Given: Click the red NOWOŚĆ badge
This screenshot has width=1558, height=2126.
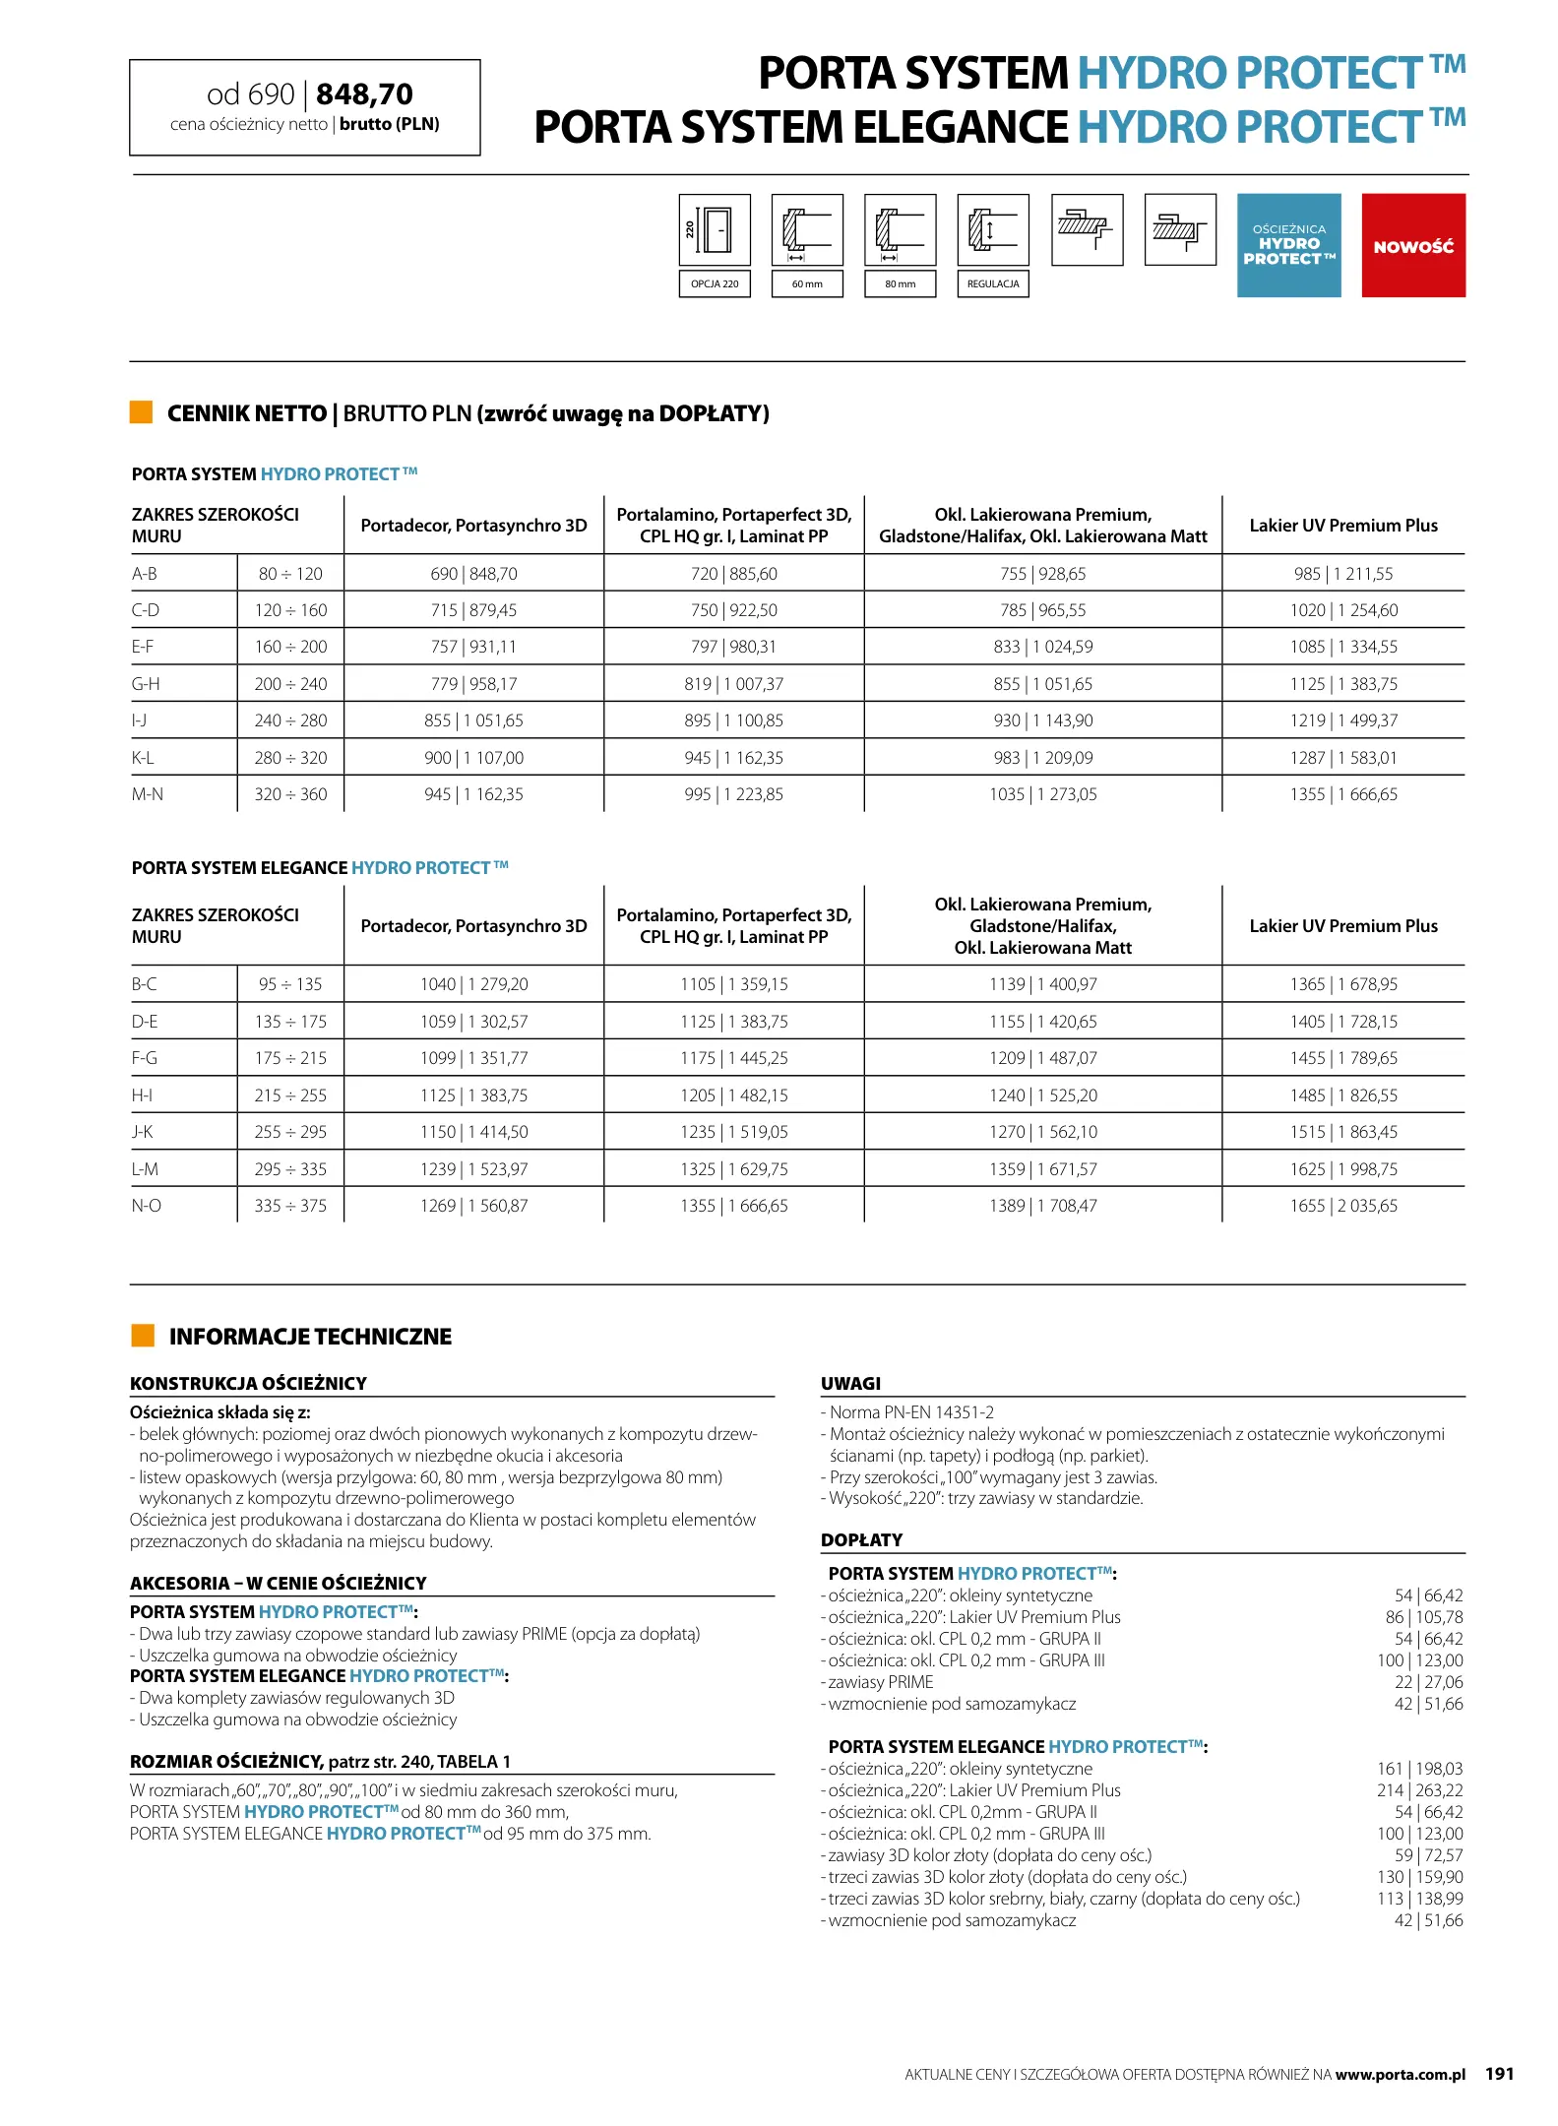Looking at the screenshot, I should pos(1412,246).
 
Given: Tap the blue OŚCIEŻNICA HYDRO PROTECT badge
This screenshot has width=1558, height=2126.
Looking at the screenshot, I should pos(1288,245).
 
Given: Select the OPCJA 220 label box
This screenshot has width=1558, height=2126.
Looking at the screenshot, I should pos(715,283).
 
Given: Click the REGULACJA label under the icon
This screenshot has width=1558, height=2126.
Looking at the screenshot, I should pos(992,283).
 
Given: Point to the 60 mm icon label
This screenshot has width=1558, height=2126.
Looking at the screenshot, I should pos(807,283).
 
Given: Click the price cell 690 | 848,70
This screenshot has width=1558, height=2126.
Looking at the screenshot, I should pos(473,574).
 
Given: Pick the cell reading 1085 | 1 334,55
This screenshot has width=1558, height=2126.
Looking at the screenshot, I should pos(1343,647).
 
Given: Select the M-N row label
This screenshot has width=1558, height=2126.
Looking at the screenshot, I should pos(148,794).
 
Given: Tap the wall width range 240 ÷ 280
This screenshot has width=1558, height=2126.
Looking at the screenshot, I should pos(290,720).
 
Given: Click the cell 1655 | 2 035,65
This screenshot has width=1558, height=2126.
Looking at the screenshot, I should pos(1343,1206).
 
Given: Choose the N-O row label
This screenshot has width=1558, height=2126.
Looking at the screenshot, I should pos(147,1206).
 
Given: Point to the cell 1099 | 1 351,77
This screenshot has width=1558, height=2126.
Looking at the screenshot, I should pos(473,1058).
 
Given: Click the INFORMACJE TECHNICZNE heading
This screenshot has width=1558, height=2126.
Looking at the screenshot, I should pos(310,1337).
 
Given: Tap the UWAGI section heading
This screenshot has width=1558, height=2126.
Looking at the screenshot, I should pos(850,1383).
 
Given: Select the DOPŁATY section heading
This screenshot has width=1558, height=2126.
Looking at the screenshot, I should pos(861,1539).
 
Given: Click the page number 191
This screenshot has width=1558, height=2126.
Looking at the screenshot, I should pos(1499,2074).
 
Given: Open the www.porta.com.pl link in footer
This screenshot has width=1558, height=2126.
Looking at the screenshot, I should pos(1400,2075).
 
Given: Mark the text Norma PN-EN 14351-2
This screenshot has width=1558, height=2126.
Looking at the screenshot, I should pos(911,1412).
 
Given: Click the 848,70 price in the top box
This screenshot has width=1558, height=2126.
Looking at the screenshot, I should pos(364,94).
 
